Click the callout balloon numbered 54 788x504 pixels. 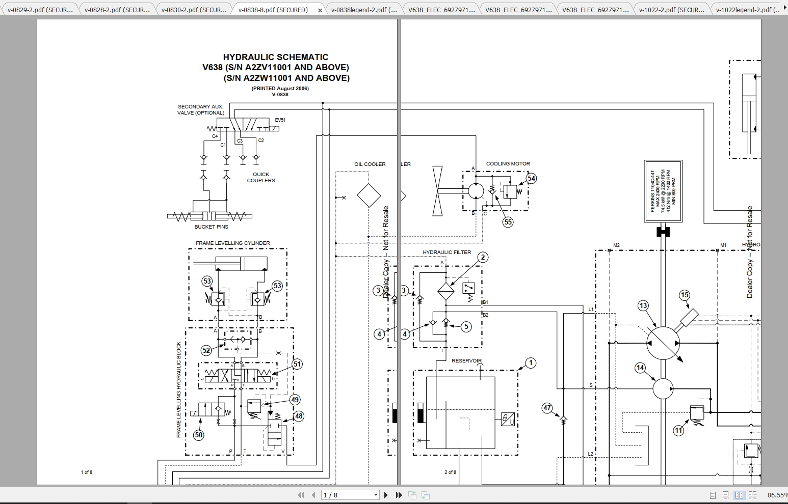click(532, 178)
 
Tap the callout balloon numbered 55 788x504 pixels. click(508, 222)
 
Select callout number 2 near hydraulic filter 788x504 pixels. click(482, 258)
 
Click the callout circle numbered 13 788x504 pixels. click(643, 305)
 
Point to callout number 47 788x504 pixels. click(547, 408)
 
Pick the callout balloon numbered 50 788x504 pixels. click(198, 435)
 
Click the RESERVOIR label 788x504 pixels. click(466, 361)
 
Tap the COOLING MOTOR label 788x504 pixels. click(508, 164)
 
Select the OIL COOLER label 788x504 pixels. click(370, 164)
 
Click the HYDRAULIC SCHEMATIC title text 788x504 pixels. click(275, 57)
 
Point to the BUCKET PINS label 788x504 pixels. click(211, 227)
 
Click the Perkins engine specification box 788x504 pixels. click(663, 191)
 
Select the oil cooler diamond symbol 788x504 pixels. click(369, 195)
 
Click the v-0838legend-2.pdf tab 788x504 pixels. click(363, 10)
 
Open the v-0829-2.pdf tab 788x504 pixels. click(40, 10)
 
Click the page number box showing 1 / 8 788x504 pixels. click(350, 495)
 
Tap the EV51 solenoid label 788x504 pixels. click(280, 120)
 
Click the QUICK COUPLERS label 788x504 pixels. click(260, 177)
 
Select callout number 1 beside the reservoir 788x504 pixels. click(531, 363)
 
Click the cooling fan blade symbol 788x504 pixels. click(437, 191)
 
